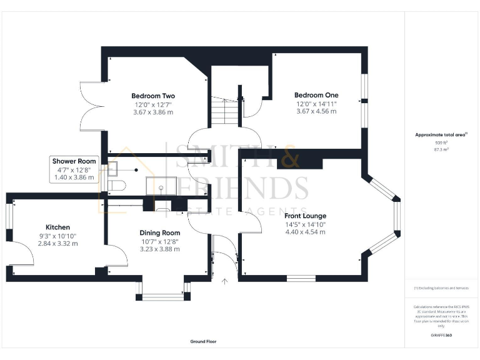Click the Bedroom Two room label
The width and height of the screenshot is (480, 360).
point(152,96)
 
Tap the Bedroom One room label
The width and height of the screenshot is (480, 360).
point(316,95)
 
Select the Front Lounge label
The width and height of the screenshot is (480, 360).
point(306,216)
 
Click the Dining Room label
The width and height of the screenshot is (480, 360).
point(159,232)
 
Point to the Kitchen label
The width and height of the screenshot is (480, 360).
point(57,227)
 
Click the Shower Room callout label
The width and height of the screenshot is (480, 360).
point(74,161)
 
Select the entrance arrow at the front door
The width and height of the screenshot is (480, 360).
point(224,282)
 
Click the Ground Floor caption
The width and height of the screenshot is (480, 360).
point(203,342)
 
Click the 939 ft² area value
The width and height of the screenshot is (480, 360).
point(441,142)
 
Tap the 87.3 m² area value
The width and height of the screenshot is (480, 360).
point(441,149)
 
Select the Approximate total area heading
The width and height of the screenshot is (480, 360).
point(441,134)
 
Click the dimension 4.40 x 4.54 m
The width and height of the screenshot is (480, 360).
point(306,232)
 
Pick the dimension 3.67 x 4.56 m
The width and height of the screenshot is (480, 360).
point(316,111)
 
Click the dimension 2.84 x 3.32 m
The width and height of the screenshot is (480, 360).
point(57,243)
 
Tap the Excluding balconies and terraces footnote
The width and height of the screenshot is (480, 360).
point(441,287)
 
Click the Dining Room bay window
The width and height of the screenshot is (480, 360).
point(162,292)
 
